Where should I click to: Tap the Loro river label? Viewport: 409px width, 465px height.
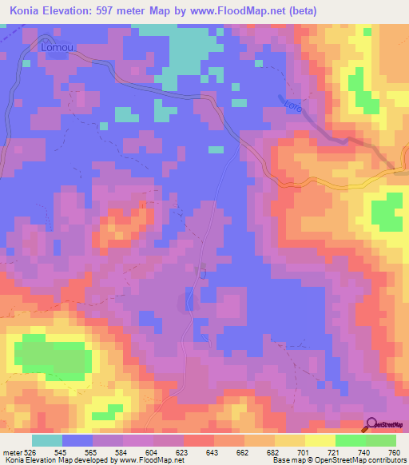point(294,105)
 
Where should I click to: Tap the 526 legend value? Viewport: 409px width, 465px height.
point(30,452)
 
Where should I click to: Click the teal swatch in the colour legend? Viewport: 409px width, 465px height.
point(47,440)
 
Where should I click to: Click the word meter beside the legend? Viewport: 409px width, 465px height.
point(10,452)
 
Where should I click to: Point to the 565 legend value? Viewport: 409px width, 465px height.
point(93,452)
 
